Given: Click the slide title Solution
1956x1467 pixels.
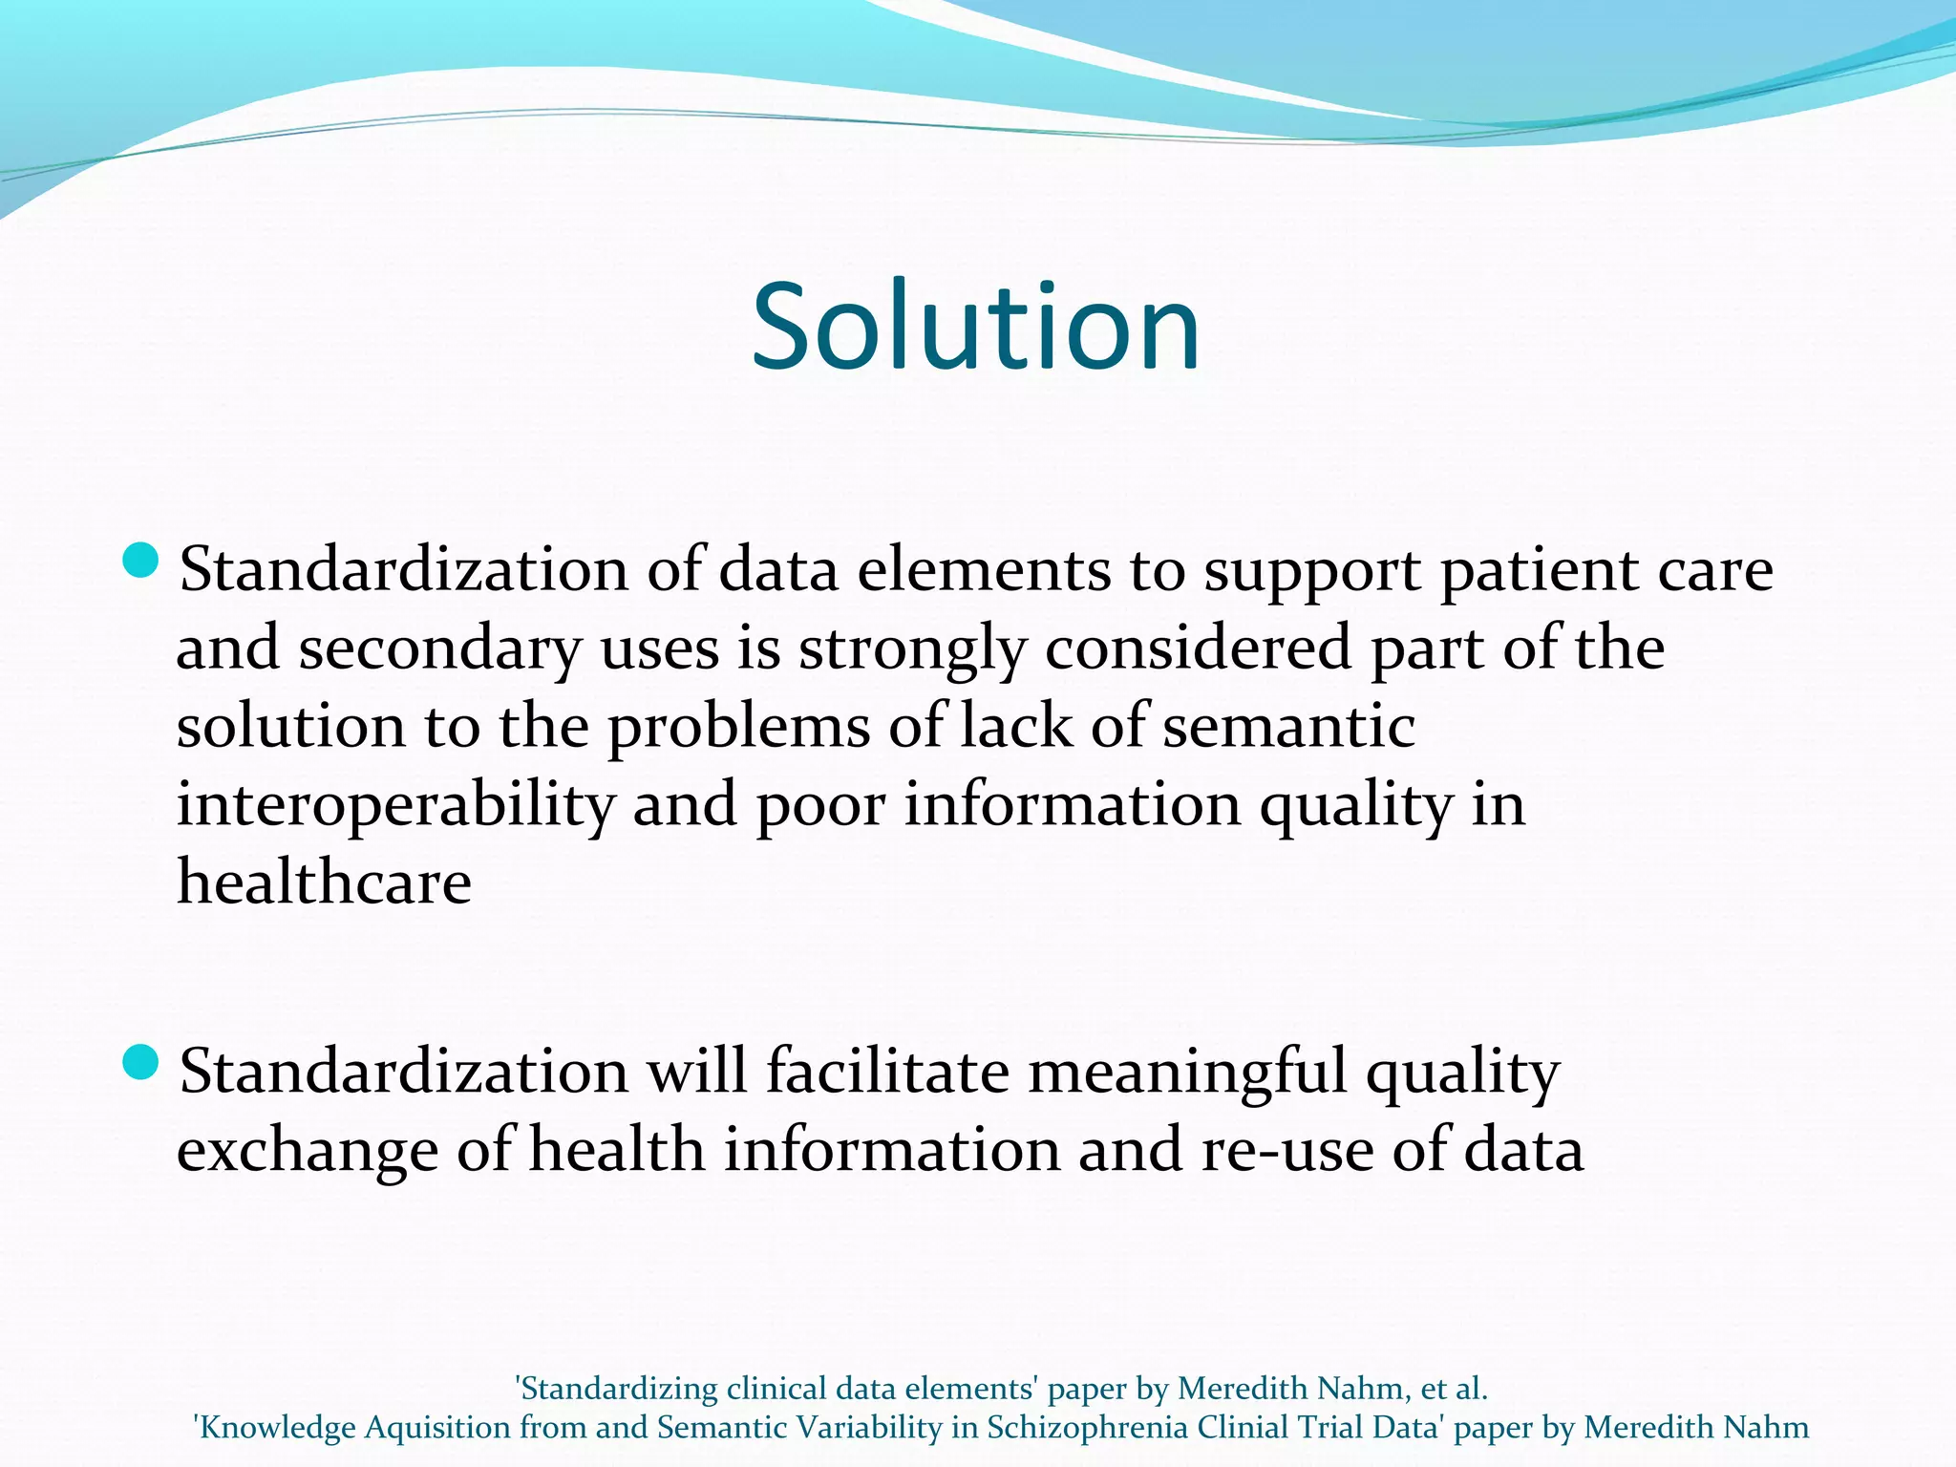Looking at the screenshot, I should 975,327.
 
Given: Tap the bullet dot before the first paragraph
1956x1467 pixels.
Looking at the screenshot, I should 140,561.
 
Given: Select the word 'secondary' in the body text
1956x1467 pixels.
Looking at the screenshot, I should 439,650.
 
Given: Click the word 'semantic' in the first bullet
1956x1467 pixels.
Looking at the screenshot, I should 1288,727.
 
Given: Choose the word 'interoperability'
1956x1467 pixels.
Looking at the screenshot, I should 395,805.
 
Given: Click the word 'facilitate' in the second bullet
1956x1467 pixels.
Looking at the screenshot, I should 887,1071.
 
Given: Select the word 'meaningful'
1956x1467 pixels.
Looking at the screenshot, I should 1187,1073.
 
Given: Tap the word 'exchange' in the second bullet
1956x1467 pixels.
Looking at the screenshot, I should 307,1151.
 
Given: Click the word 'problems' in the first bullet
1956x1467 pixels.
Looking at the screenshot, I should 738,729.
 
